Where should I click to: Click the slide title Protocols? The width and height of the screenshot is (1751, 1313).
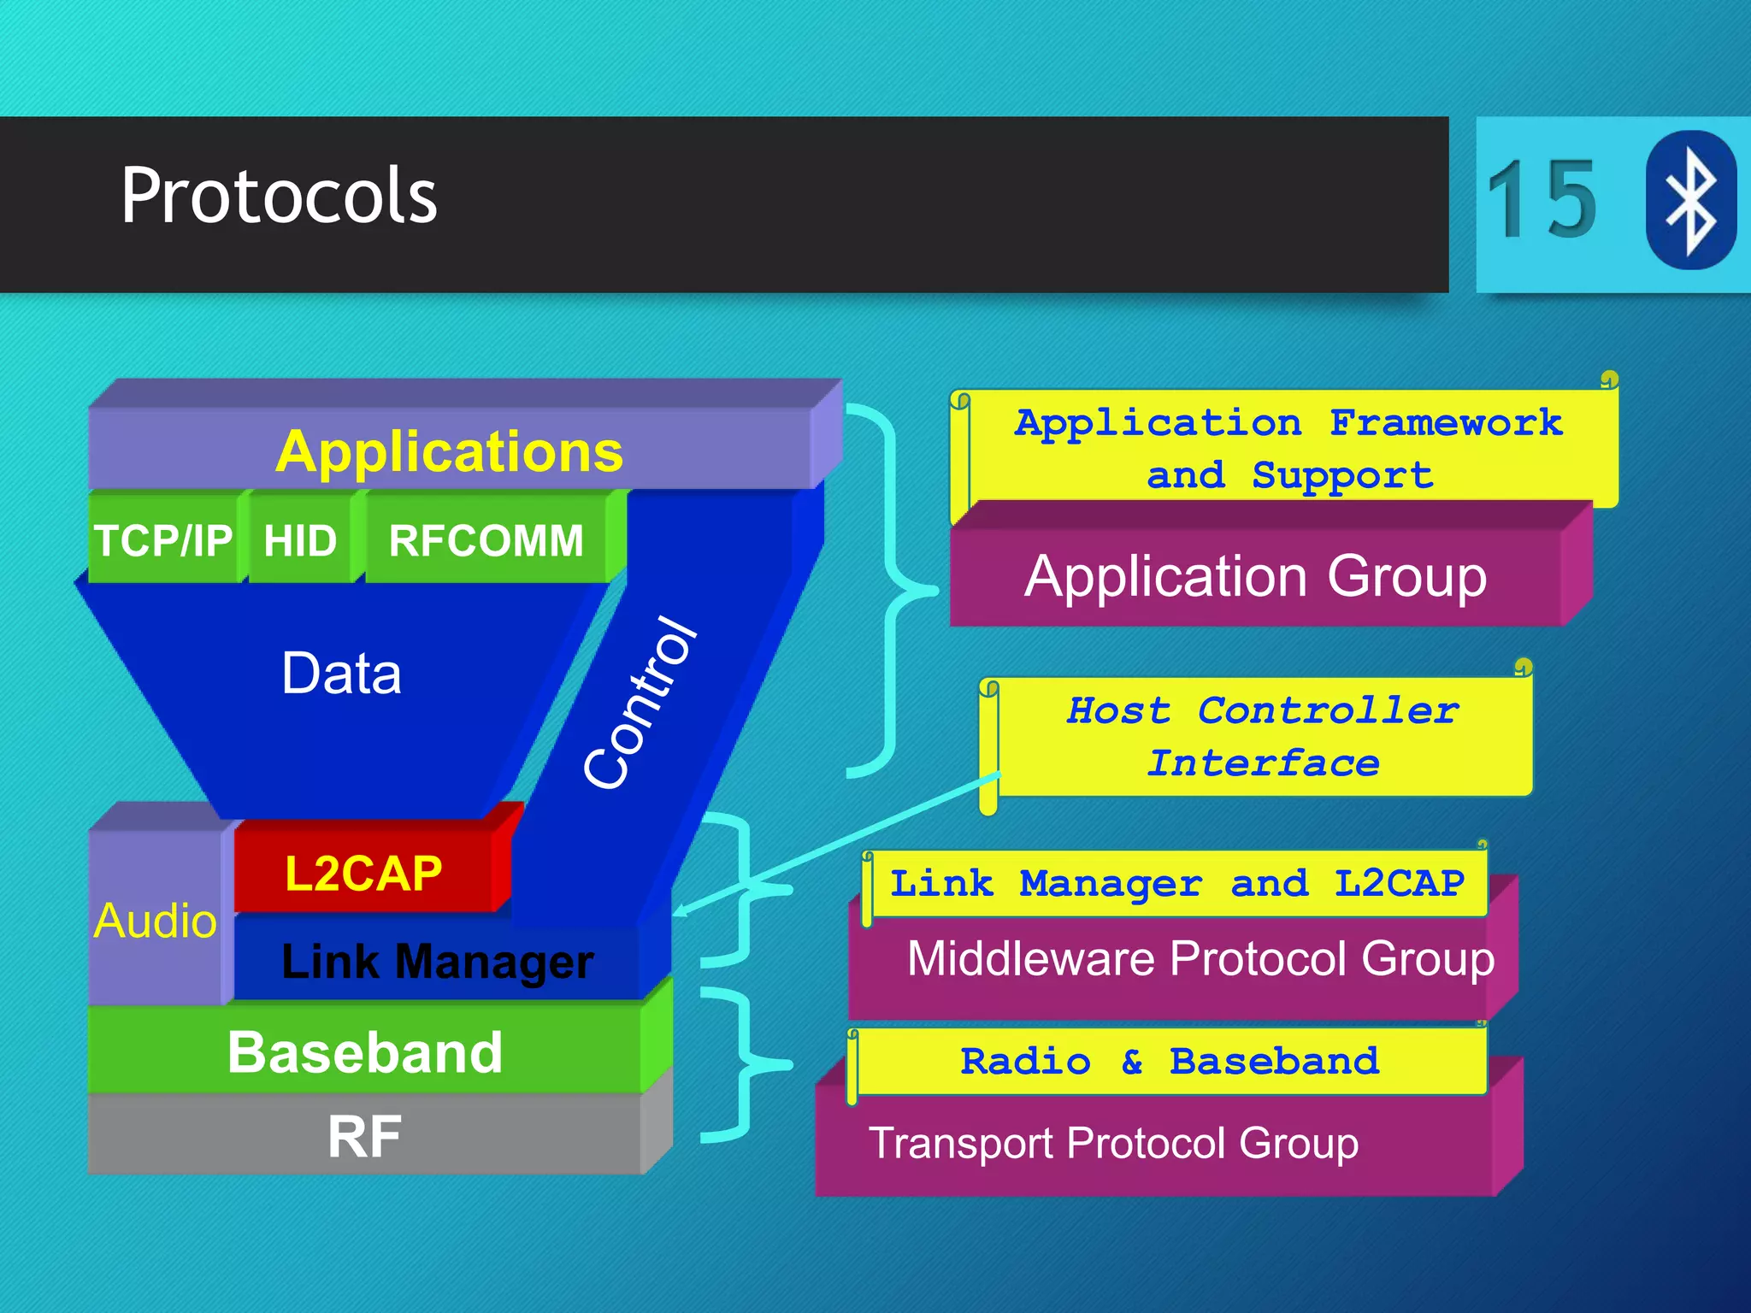pyautogui.click(x=279, y=197)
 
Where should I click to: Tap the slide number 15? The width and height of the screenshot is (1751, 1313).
pyautogui.click(x=1542, y=201)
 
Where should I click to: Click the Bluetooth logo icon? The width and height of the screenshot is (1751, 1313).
pyautogui.click(x=1690, y=200)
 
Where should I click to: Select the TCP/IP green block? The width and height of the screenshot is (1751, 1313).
pyautogui.click(x=162, y=540)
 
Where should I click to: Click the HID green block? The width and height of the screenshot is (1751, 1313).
pyautogui.click(x=300, y=540)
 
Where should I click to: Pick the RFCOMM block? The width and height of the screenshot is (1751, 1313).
pyautogui.click(x=486, y=540)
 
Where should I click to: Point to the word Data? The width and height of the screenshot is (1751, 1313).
pyautogui.click(x=341, y=674)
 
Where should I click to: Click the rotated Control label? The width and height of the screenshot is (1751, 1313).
pyautogui.click(x=640, y=703)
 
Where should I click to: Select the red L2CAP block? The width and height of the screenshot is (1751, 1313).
pyautogui.click(x=364, y=873)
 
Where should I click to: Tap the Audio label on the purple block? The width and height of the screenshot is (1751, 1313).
pyautogui.click(x=156, y=921)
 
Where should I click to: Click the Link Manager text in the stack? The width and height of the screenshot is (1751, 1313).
pyautogui.click(x=437, y=962)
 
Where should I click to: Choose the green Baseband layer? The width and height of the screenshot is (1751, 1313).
pyautogui.click(x=365, y=1052)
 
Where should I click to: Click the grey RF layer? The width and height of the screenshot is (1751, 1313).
pyautogui.click(x=365, y=1137)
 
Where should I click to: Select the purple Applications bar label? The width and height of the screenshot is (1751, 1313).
pyautogui.click(x=450, y=451)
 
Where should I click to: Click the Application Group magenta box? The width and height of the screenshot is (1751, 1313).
pyautogui.click(x=1256, y=577)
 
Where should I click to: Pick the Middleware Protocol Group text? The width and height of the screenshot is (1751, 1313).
pyautogui.click(x=1200, y=959)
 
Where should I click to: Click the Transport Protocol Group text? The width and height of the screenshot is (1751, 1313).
pyautogui.click(x=1113, y=1144)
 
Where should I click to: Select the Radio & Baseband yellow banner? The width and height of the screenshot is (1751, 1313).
pyautogui.click(x=1170, y=1062)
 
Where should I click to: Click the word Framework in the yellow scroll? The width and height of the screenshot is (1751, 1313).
pyautogui.click(x=1446, y=423)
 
